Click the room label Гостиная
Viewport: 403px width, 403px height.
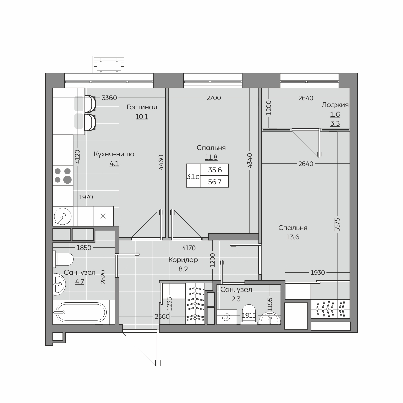(x=142, y=107)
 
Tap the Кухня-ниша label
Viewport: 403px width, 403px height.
(x=114, y=154)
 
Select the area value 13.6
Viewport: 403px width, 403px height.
(x=293, y=237)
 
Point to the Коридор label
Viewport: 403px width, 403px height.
(x=183, y=260)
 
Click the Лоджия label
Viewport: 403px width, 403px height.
(x=335, y=105)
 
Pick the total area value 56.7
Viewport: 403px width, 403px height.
(x=215, y=182)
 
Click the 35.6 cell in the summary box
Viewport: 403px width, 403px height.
(x=215, y=170)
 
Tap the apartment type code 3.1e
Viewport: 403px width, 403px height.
(x=193, y=177)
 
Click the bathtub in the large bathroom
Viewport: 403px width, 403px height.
(x=82, y=312)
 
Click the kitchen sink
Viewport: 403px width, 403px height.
(x=62, y=216)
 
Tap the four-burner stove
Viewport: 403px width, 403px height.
(x=63, y=176)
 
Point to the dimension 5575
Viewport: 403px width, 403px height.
(x=337, y=224)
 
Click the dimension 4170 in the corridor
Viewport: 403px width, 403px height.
(x=189, y=248)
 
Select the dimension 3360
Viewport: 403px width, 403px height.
(x=109, y=98)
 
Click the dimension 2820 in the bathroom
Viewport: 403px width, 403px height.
(x=103, y=277)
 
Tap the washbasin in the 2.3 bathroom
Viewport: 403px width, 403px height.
(x=270, y=318)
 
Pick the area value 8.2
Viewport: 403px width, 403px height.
(x=183, y=269)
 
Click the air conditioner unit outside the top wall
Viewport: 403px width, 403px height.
(x=109, y=64)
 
